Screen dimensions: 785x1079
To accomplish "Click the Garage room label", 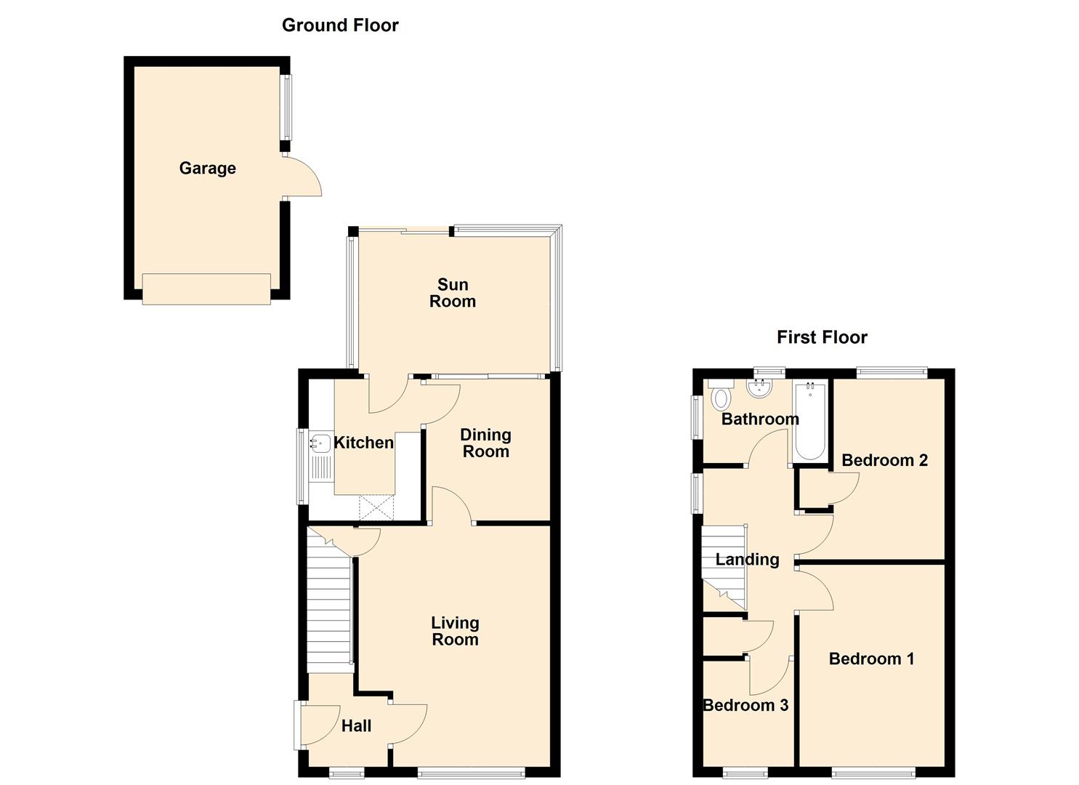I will (207, 168).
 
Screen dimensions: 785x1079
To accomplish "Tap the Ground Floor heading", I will (340, 25).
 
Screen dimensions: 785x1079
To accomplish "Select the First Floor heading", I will (822, 337).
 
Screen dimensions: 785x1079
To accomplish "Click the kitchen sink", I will (320, 443).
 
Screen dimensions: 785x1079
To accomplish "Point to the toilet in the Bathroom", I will (721, 398).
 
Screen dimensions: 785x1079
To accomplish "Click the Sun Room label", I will (452, 293).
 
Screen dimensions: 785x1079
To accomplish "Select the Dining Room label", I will (485, 443).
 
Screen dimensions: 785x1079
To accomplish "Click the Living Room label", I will (455, 631).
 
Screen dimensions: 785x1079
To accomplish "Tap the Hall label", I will (356, 725).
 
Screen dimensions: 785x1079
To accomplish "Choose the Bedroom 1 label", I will (871, 659).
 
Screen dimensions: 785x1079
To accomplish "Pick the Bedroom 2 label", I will (884, 460).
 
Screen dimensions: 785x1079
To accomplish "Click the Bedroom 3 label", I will (745, 705).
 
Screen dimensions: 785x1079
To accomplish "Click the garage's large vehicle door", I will (206, 289).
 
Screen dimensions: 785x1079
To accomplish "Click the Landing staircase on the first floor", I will (724, 567).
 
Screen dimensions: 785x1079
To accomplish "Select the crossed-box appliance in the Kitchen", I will (376, 507).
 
